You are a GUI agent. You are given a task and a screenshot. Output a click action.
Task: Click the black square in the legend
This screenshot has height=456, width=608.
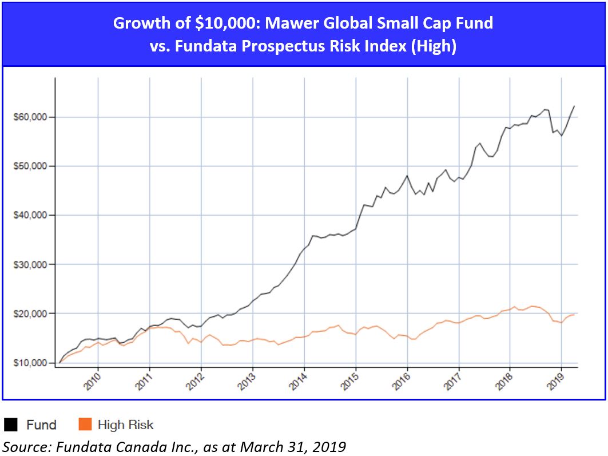click(11, 425)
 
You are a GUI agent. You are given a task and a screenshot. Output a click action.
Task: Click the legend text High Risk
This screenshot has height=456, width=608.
click(126, 425)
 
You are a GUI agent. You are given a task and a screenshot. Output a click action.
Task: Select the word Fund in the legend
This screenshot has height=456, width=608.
click(41, 425)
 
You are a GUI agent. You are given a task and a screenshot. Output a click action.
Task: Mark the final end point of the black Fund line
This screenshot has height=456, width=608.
click(574, 106)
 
